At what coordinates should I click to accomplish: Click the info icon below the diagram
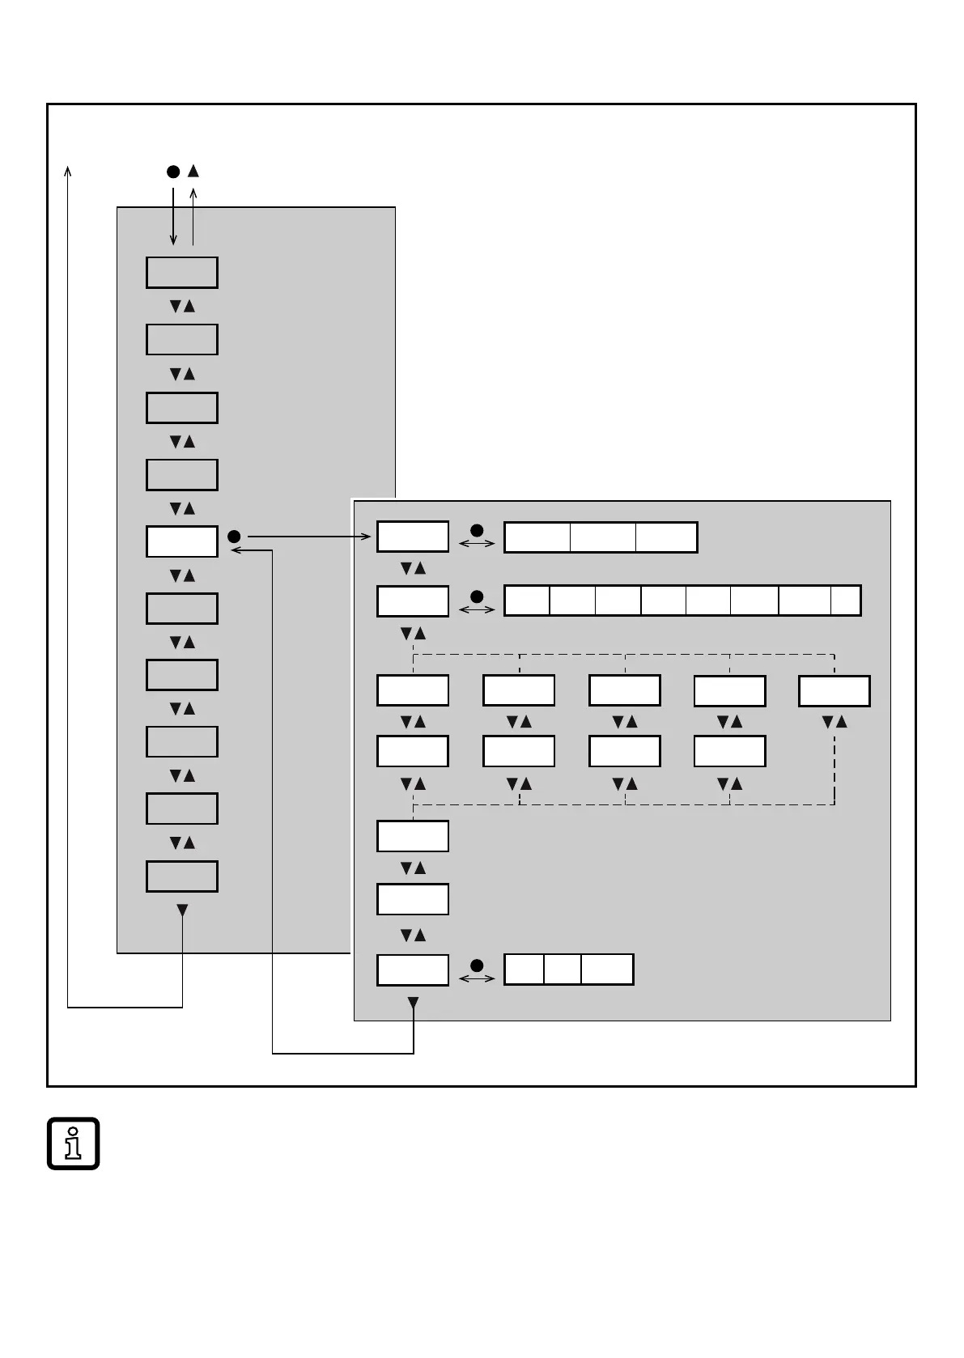[73, 1143]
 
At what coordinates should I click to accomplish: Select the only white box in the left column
[182, 541]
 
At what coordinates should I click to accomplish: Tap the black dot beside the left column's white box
[234, 537]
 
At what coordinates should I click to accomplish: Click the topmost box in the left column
[182, 273]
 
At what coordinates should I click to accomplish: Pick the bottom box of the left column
[182, 876]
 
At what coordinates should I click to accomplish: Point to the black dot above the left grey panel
[172, 172]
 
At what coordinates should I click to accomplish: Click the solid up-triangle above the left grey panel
[193, 171]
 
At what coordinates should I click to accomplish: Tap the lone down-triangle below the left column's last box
[182, 910]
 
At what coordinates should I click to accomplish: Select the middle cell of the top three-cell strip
[602, 537]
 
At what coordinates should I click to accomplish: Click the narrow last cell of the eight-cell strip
[845, 600]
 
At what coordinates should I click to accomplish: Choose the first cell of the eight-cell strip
[527, 600]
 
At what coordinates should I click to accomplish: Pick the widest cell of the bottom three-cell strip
[607, 970]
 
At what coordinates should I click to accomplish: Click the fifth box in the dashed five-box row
[834, 691]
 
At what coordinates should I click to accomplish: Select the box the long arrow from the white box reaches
[413, 537]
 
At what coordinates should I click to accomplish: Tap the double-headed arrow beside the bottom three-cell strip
[477, 978]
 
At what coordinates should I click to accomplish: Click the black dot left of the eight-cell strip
[477, 596]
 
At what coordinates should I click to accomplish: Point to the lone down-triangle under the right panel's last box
[413, 1004]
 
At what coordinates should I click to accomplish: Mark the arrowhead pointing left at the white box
[236, 550]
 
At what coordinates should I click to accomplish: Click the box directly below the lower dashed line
[413, 836]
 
